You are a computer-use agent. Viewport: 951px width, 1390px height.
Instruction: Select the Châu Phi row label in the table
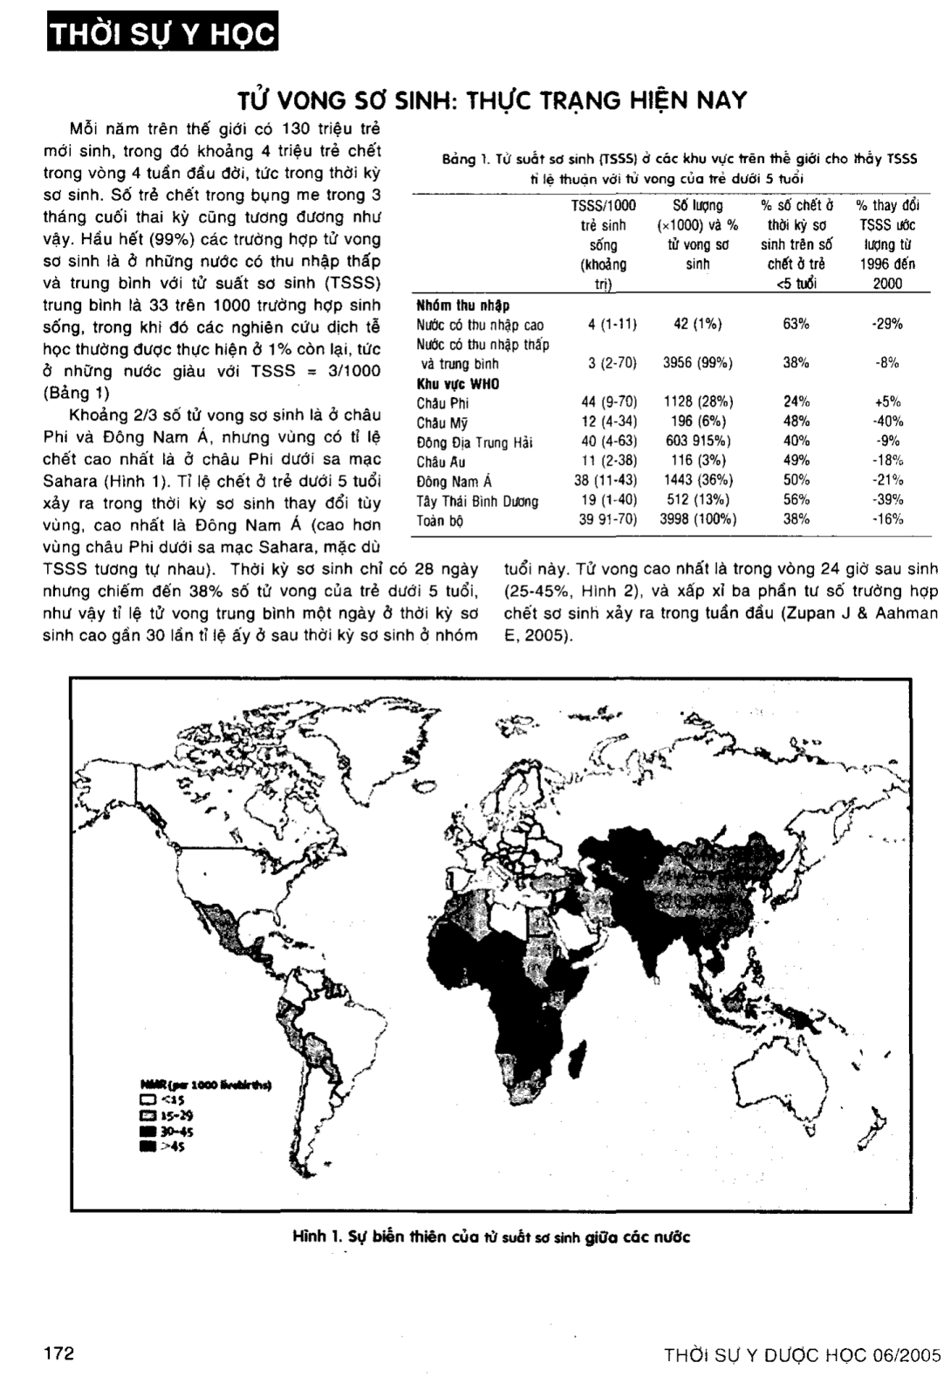(x=442, y=403)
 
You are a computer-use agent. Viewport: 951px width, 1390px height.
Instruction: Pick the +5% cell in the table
(x=886, y=402)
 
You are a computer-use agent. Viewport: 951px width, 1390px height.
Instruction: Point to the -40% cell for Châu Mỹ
(x=886, y=422)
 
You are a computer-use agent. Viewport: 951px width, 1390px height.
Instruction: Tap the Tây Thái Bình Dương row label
(x=476, y=501)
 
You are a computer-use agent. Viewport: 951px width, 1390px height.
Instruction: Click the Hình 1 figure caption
(x=491, y=1236)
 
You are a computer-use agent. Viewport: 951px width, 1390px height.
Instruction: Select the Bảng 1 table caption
(x=680, y=168)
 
